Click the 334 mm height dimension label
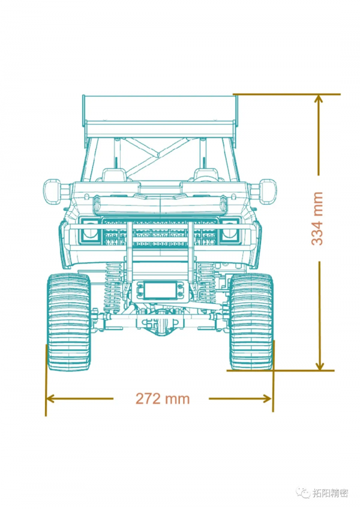317,218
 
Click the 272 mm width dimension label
163,399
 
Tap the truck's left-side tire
69,322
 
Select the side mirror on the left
52,191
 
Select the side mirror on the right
268,191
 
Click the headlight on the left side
89,231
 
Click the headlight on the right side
230,231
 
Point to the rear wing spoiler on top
160,116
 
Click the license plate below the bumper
160,290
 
